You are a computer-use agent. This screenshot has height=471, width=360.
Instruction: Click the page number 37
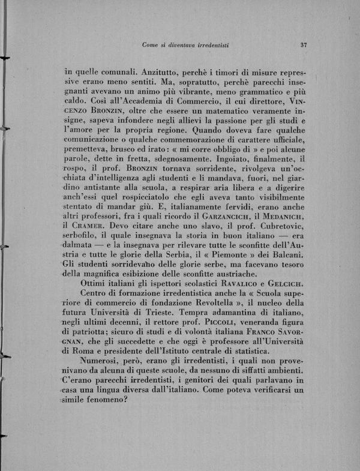(304, 44)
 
